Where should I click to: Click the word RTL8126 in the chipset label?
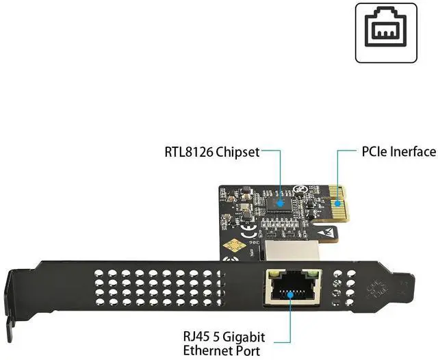tap(189, 152)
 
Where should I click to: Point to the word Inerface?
tap(415, 151)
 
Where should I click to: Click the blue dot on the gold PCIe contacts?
tap(337, 202)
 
